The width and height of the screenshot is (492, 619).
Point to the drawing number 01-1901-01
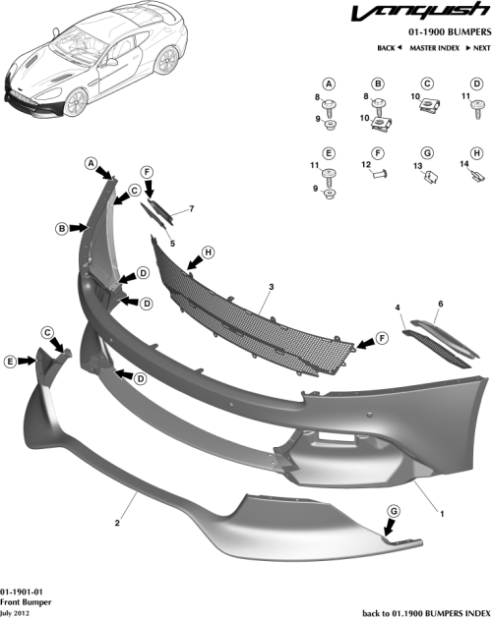(x=21, y=588)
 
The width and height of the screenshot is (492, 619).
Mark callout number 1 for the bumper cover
(x=441, y=513)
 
